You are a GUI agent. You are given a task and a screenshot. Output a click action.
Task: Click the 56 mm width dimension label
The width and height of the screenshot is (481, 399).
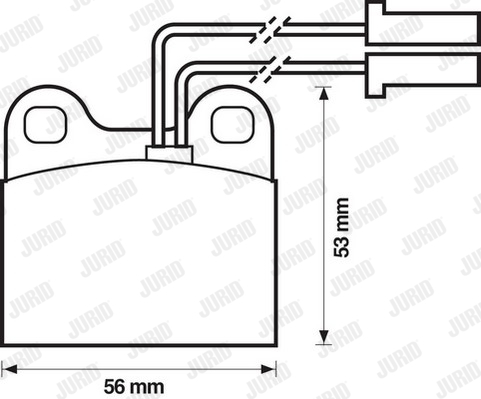point(134,387)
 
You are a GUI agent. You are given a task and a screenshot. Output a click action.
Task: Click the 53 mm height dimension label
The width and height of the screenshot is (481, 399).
point(342,227)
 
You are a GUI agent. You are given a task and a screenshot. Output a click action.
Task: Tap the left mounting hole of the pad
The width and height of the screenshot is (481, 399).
point(46,125)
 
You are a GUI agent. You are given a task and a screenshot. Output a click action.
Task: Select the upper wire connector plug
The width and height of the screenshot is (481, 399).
point(423,23)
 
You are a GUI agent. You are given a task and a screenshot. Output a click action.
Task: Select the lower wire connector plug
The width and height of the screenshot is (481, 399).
point(423,75)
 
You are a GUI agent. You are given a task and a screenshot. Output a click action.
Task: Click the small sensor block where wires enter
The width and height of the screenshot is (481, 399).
point(170,154)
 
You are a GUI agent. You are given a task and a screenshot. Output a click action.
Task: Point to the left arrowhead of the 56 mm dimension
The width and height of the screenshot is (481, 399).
point(9,369)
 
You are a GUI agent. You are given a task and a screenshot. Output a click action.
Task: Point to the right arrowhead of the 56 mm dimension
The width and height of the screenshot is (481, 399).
point(269,369)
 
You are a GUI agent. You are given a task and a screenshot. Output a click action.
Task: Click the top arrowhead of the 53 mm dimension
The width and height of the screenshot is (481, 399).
point(324,94)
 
